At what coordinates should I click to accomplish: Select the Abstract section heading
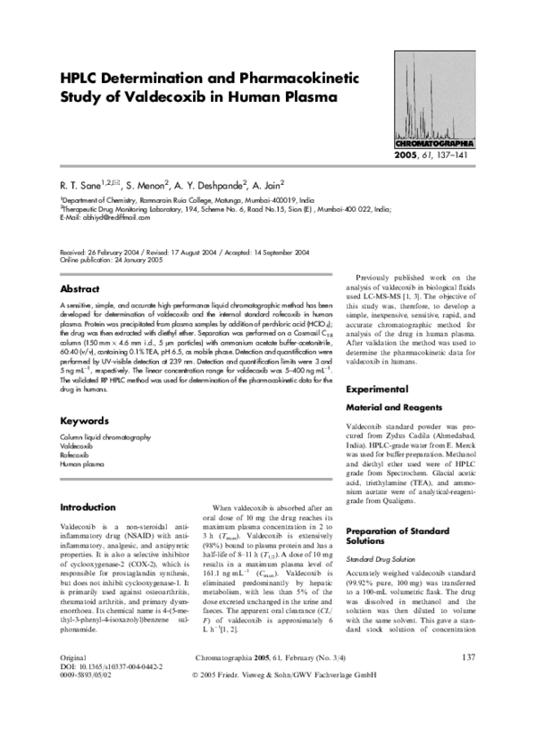(80, 289)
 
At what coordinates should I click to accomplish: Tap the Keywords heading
(84, 420)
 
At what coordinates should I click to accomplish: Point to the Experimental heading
(383, 390)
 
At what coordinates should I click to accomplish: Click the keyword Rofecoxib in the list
(78, 455)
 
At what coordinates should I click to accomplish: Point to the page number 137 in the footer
(469, 683)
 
